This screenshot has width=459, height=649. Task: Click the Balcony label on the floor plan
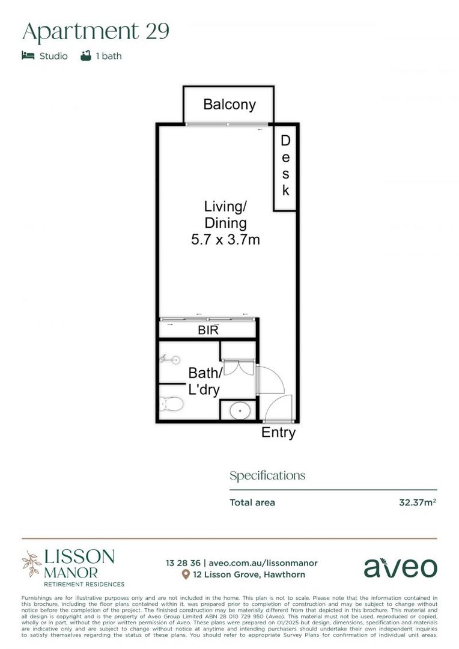[229, 105]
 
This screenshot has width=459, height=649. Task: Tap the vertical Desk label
[285, 166]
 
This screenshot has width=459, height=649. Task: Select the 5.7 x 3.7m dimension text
[225, 240]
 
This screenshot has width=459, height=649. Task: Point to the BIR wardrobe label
[208, 330]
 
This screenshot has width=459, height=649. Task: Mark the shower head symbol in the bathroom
[170, 360]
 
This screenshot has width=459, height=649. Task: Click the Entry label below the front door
[278, 432]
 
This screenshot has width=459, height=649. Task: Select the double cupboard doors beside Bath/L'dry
[239, 368]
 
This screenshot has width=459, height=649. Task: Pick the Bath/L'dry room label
[204, 382]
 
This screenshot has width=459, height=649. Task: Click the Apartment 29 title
[96, 32]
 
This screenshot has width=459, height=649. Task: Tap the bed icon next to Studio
[28, 56]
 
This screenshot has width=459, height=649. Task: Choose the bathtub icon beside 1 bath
[86, 56]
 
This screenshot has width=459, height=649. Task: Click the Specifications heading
[267, 475]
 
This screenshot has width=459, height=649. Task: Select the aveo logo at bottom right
[400, 567]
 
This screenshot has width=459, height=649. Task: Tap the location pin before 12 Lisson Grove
[186, 574]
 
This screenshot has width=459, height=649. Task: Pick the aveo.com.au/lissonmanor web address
[263, 563]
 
